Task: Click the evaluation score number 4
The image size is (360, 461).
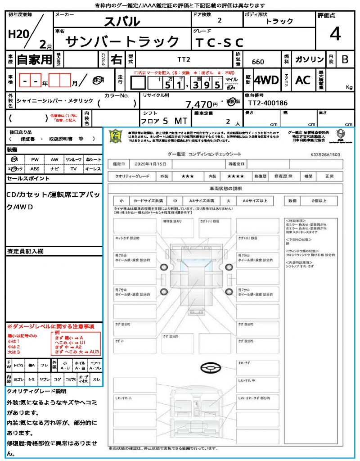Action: (x=335, y=34)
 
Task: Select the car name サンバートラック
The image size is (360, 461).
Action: (x=123, y=42)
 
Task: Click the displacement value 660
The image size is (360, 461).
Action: (x=258, y=62)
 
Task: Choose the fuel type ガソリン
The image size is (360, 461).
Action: (x=309, y=59)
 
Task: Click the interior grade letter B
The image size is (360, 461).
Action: (x=345, y=59)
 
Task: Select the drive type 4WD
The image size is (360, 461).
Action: (x=266, y=80)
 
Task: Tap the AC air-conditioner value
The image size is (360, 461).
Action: (x=303, y=80)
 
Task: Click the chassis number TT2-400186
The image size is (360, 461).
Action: (x=268, y=103)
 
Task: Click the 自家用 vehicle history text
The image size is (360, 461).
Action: (x=35, y=59)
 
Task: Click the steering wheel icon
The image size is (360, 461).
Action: (x=209, y=369)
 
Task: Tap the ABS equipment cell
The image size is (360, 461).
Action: (x=35, y=169)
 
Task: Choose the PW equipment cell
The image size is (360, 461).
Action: (x=35, y=159)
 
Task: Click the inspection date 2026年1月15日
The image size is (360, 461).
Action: (x=150, y=163)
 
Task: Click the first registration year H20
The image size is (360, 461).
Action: (x=18, y=35)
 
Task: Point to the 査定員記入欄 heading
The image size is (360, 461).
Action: (x=25, y=251)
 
